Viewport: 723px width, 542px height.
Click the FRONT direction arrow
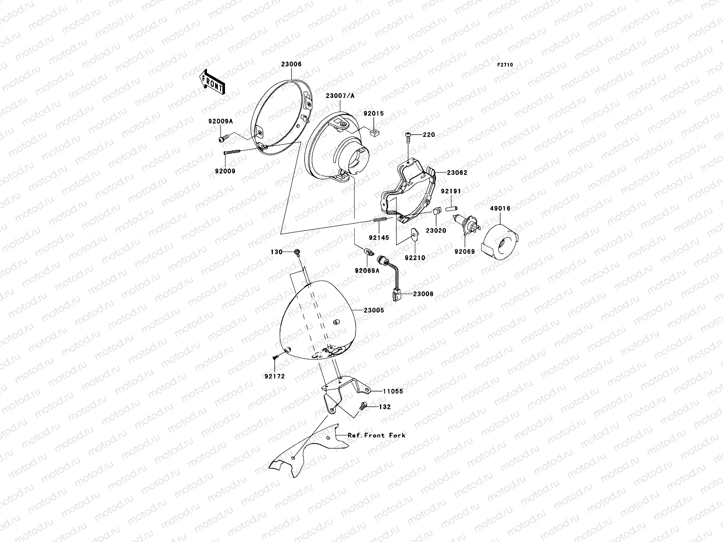[x=212, y=81]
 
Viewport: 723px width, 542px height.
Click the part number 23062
[x=457, y=173]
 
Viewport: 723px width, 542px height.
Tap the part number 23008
[x=423, y=294]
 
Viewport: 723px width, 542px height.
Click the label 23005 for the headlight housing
[x=374, y=310]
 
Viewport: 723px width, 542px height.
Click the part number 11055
[x=393, y=392]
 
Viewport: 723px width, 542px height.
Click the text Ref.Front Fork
[x=376, y=435]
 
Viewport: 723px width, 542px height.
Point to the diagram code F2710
[x=505, y=65]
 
